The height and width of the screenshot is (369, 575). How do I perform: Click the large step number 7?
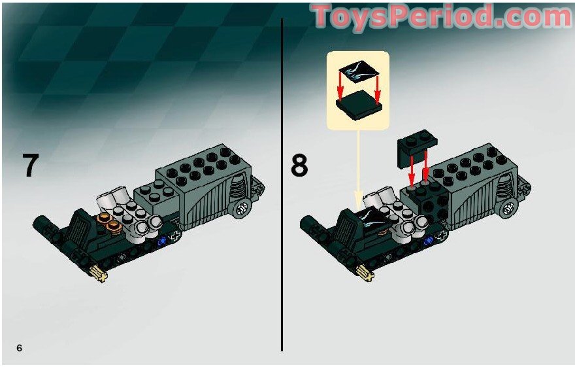coord(31,165)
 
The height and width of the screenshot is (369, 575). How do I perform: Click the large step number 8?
coord(299,166)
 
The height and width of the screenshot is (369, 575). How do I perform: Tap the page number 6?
coord(19,347)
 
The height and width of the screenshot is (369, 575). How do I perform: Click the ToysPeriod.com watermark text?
coord(442,16)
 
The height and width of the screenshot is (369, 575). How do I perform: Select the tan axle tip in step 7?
coord(99,273)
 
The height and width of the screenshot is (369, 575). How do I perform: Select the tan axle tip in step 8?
coord(366,272)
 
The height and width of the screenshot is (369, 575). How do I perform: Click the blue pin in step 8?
coord(427,241)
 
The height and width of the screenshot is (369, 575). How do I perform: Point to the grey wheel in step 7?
coord(241,209)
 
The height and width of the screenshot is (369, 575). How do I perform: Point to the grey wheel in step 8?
coord(508,209)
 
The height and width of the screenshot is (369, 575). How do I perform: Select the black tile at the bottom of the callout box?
coord(359,105)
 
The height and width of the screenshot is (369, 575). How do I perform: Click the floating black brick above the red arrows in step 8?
coord(417,148)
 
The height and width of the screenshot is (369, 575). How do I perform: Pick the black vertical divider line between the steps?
coord(282,185)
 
